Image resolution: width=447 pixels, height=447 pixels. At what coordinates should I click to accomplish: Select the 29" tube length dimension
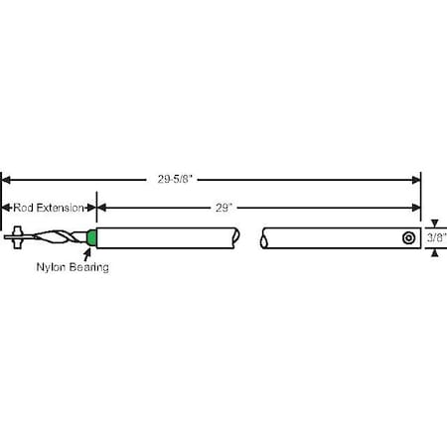click(223, 208)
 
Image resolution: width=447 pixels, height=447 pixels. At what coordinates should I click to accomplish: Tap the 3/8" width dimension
click(435, 238)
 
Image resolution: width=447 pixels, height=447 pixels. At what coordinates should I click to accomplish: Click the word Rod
click(22, 208)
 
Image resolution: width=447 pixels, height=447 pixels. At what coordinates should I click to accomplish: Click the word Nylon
click(52, 268)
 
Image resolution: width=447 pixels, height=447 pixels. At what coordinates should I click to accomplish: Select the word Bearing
click(88, 268)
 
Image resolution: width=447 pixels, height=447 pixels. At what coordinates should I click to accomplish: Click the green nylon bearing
click(92, 238)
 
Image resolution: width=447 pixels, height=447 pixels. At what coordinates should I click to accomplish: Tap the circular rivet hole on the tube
click(407, 238)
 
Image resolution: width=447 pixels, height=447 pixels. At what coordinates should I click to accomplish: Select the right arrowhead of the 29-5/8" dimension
click(416, 179)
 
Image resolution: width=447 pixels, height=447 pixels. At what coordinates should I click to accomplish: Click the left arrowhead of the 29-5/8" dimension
click(6, 179)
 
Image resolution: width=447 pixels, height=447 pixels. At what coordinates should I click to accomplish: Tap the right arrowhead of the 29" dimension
click(416, 208)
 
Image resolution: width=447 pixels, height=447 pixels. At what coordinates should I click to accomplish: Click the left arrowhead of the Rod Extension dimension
click(5, 208)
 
